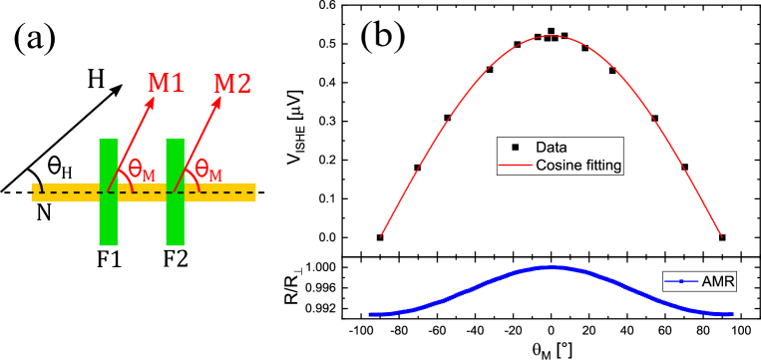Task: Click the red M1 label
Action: (x=167, y=83)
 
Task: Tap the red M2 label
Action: (x=232, y=83)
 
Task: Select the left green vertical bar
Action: (x=109, y=191)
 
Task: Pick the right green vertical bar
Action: (x=176, y=191)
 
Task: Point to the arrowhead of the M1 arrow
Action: (x=154, y=104)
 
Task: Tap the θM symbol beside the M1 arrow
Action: (x=142, y=171)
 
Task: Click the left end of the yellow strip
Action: (x=34, y=192)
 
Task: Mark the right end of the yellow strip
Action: (x=254, y=192)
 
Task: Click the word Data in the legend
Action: (x=551, y=148)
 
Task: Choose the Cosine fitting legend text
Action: (x=578, y=166)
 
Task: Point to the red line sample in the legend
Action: (x=515, y=166)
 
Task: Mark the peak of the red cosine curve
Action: (x=551, y=36)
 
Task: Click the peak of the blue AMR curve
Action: (x=551, y=267)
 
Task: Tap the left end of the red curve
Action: (x=381, y=237)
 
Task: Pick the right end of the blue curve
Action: (x=733, y=314)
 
